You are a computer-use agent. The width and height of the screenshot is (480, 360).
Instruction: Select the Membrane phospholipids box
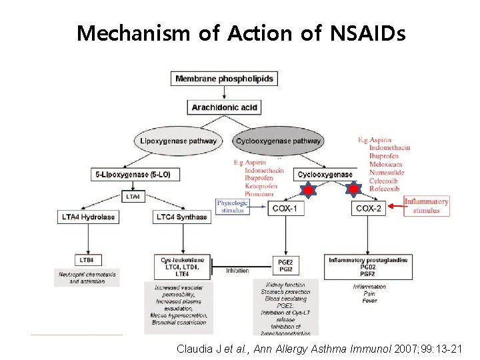[224, 79]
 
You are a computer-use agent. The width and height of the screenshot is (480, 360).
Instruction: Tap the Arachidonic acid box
[224, 107]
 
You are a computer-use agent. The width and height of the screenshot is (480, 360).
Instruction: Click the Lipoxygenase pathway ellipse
[178, 141]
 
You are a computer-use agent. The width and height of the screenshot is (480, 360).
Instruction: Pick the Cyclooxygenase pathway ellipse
[279, 141]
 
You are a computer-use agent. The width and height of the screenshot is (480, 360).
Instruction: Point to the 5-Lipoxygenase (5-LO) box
[133, 175]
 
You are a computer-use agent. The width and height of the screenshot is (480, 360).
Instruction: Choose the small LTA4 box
[133, 197]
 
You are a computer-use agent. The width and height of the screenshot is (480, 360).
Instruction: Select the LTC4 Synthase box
[181, 217]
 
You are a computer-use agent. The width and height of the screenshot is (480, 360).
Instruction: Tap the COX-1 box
[285, 209]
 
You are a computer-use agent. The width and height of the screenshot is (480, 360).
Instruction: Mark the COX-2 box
[369, 209]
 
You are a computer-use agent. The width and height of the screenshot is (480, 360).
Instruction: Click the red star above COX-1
[309, 191]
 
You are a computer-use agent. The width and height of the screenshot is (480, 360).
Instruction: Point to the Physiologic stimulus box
[232, 207]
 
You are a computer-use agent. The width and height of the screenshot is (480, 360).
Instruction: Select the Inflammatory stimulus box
[427, 205]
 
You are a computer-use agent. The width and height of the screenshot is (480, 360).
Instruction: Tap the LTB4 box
[87, 259]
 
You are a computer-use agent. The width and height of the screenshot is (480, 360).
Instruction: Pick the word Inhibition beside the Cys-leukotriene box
[238, 271]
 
